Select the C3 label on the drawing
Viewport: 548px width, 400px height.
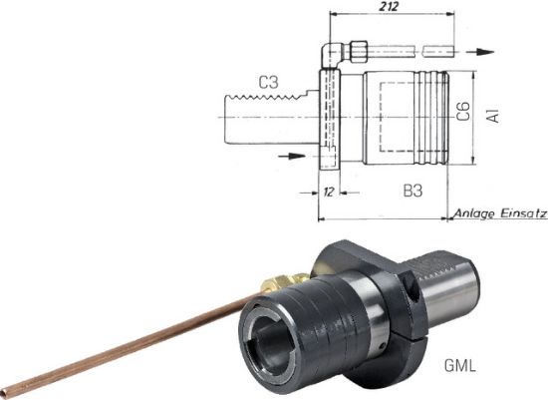265,83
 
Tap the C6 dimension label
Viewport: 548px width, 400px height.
463,112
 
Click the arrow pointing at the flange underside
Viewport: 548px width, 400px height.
292,155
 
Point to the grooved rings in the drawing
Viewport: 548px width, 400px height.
436,119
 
